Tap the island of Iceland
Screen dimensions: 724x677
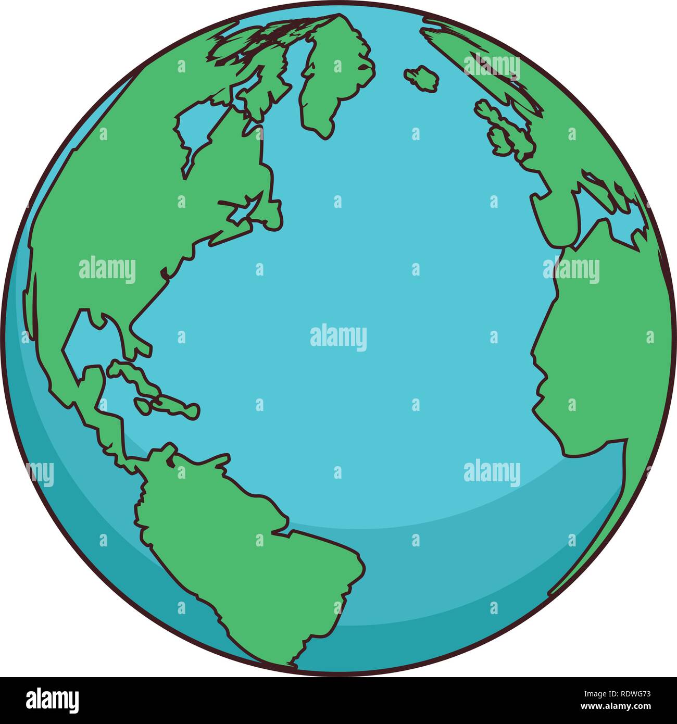pos(422,78)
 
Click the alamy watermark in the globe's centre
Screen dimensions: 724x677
pos(338,337)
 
